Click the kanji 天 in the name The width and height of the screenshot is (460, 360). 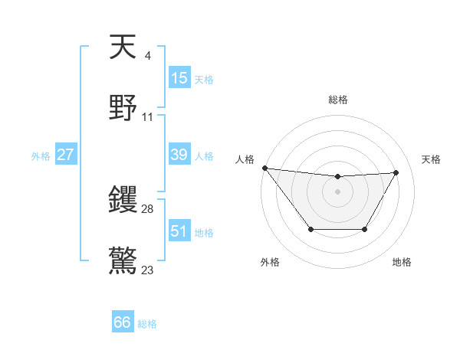pyautogui.click(x=123, y=47)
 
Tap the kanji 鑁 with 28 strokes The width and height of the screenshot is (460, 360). pyautogui.click(x=123, y=201)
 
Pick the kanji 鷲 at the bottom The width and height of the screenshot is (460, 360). pyautogui.click(x=123, y=260)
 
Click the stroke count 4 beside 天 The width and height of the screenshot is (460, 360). pyautogui.click(x=147, y=56)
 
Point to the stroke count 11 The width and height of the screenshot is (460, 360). pyautogui.click(x=148, y=117)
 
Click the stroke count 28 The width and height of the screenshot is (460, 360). pyautogui.click(x=148, y=209)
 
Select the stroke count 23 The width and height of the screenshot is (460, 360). pyautogui.click(x=148, y=270)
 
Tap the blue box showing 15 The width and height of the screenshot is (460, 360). pyautogui.click(x=179, y=78)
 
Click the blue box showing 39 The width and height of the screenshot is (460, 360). pyautogui.click(x=179, y=155)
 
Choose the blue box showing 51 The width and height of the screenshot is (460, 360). pyautogui.click(x=179, y=231)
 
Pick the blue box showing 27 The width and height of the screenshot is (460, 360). pyautogui.click(x=65, y=155)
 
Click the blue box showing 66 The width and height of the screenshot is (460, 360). pyautogui.click(x=122, y=322)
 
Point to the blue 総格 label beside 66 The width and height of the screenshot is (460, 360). pyautogui.click(x=147, y=324)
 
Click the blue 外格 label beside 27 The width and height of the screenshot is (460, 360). pyautogui.click(x=41, y=156)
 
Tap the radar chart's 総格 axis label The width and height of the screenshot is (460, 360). pyautogui.click(x=337, y=100)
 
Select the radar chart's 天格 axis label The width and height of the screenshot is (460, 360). pyautogui.click(x=431, y=159)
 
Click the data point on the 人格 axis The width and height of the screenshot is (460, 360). pyautogui.click(x=264, y=168)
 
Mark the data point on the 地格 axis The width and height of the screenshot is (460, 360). pyautogui.click(x=364, y=229)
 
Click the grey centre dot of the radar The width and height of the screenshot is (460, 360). pyautogui.click(x=337, y=191)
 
